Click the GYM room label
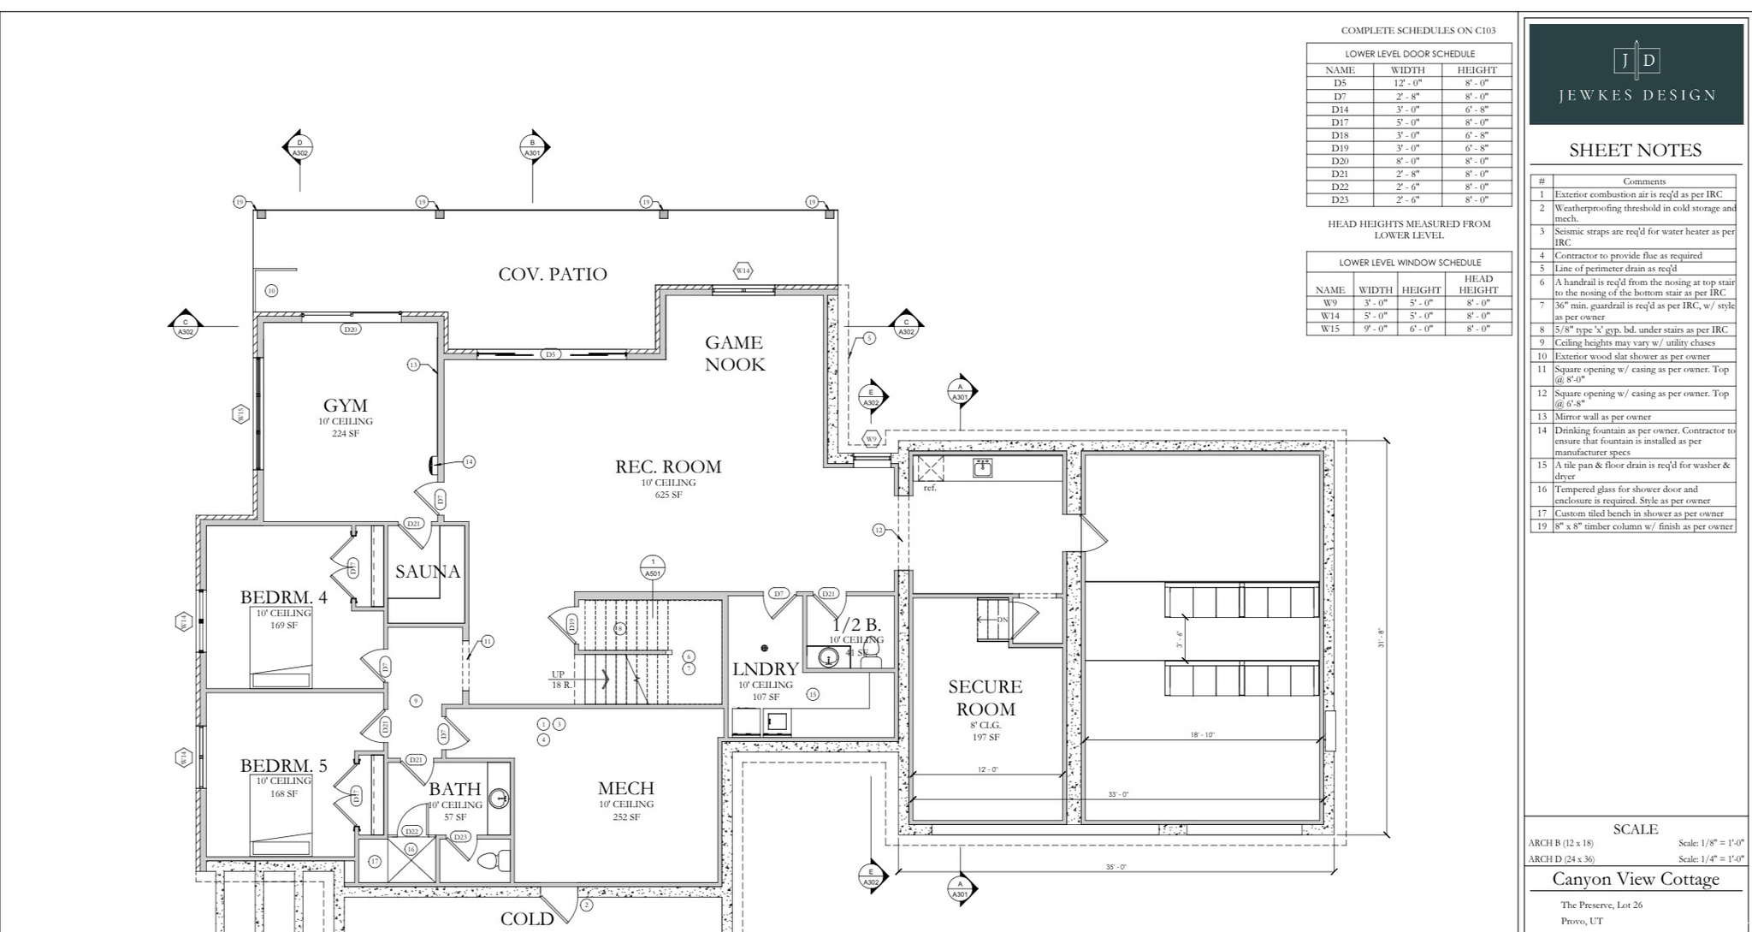coord(346,406)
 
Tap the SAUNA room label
coord(428,572)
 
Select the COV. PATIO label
coord(553,274)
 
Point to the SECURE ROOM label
coord(985,698)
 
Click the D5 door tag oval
coord(551,353)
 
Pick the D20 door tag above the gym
coord(350,329)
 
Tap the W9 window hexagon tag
coord(871,439)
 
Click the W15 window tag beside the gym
coord(240,414)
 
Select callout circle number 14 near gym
coord(469,461)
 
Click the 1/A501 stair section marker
coord(653,567)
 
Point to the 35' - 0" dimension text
coord(1116,867)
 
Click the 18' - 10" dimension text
coord(1202,734)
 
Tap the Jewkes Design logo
coord(1636,74)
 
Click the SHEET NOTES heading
coord(1635,151)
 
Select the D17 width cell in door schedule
coord(1407,122)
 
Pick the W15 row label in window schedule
coord(1329,329)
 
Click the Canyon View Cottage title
coord(1635,879)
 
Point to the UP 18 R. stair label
coord(562,680)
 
